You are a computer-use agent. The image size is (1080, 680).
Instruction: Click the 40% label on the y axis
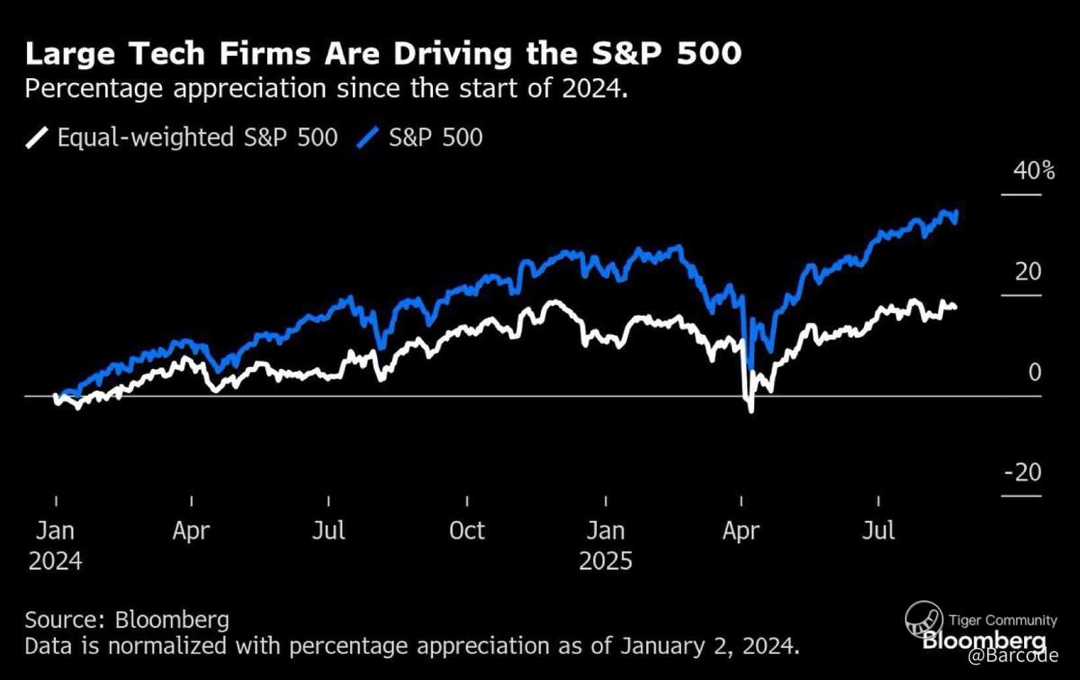(x=1034, y=171)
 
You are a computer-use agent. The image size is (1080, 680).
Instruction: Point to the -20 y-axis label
(x=1023, y=472)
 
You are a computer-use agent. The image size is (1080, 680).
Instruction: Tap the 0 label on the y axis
(x=1035, y=372)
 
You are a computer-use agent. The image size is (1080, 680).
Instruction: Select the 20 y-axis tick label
(x=1028, y=272)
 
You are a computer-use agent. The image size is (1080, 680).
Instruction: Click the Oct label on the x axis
(x=467, y=531)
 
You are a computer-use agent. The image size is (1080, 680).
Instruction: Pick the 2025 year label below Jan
(x=605, y=562)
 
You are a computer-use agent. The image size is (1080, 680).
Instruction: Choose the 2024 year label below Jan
(x=55, y=562)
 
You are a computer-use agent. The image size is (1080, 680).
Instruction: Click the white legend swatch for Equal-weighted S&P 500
(x=37, y=138)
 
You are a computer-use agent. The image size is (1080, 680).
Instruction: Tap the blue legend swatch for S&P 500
(x=367, y=138)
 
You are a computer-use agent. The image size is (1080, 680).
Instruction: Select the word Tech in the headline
(x=167, y=53)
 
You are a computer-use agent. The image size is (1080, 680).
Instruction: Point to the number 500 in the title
(x=709, y=53)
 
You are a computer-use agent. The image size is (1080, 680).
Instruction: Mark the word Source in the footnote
(x=63, y=619)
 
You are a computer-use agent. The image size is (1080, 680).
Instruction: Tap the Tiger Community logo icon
(x=924, y=619)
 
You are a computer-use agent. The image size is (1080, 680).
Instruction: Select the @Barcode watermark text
(x=1013, y=656)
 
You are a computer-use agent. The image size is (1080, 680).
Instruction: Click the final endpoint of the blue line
(x=957, y=212)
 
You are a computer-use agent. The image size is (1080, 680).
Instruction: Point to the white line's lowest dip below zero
(x=751, y=411)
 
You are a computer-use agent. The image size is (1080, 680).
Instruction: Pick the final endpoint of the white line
(x=955, y=307)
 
